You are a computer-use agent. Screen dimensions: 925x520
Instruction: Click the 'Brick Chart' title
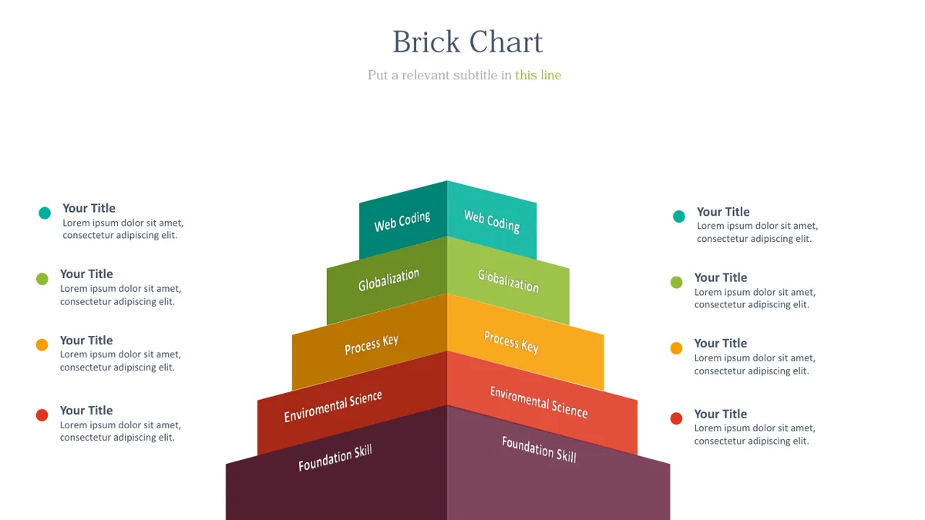pos(467,42)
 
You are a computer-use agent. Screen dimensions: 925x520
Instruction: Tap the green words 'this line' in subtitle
pos(538,75)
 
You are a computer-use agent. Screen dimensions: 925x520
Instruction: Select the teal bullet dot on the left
pos(45,213)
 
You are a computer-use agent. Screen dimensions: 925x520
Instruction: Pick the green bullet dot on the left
pos(42,279)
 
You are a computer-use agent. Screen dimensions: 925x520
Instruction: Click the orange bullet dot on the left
pos(42,344)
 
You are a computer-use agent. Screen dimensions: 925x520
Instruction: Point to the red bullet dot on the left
pos(42,414)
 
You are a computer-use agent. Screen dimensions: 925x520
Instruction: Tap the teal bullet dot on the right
pos(679,216)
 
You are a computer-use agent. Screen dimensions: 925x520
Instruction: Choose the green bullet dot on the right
pos(677,282)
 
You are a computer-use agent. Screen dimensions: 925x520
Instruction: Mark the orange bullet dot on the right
pos(677,348)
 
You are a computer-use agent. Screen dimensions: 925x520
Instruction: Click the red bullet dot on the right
pos(677,418)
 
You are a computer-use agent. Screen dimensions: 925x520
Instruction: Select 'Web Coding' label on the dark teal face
pos(402,221)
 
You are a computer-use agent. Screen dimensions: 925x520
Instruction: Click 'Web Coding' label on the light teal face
pos(492,222)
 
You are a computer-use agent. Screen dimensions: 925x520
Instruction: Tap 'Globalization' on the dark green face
pos(388,280)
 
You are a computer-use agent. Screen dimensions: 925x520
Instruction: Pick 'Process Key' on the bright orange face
pos(511,342)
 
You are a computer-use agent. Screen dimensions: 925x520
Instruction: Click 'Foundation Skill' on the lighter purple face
pos(539,449)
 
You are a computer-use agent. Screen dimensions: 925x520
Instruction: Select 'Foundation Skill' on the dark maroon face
pos(335,458)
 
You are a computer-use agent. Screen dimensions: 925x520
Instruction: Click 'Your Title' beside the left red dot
pos(86,410)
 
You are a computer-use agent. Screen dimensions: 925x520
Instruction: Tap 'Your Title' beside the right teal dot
pos(723,212)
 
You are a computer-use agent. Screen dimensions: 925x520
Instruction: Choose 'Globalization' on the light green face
pos(508,280)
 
